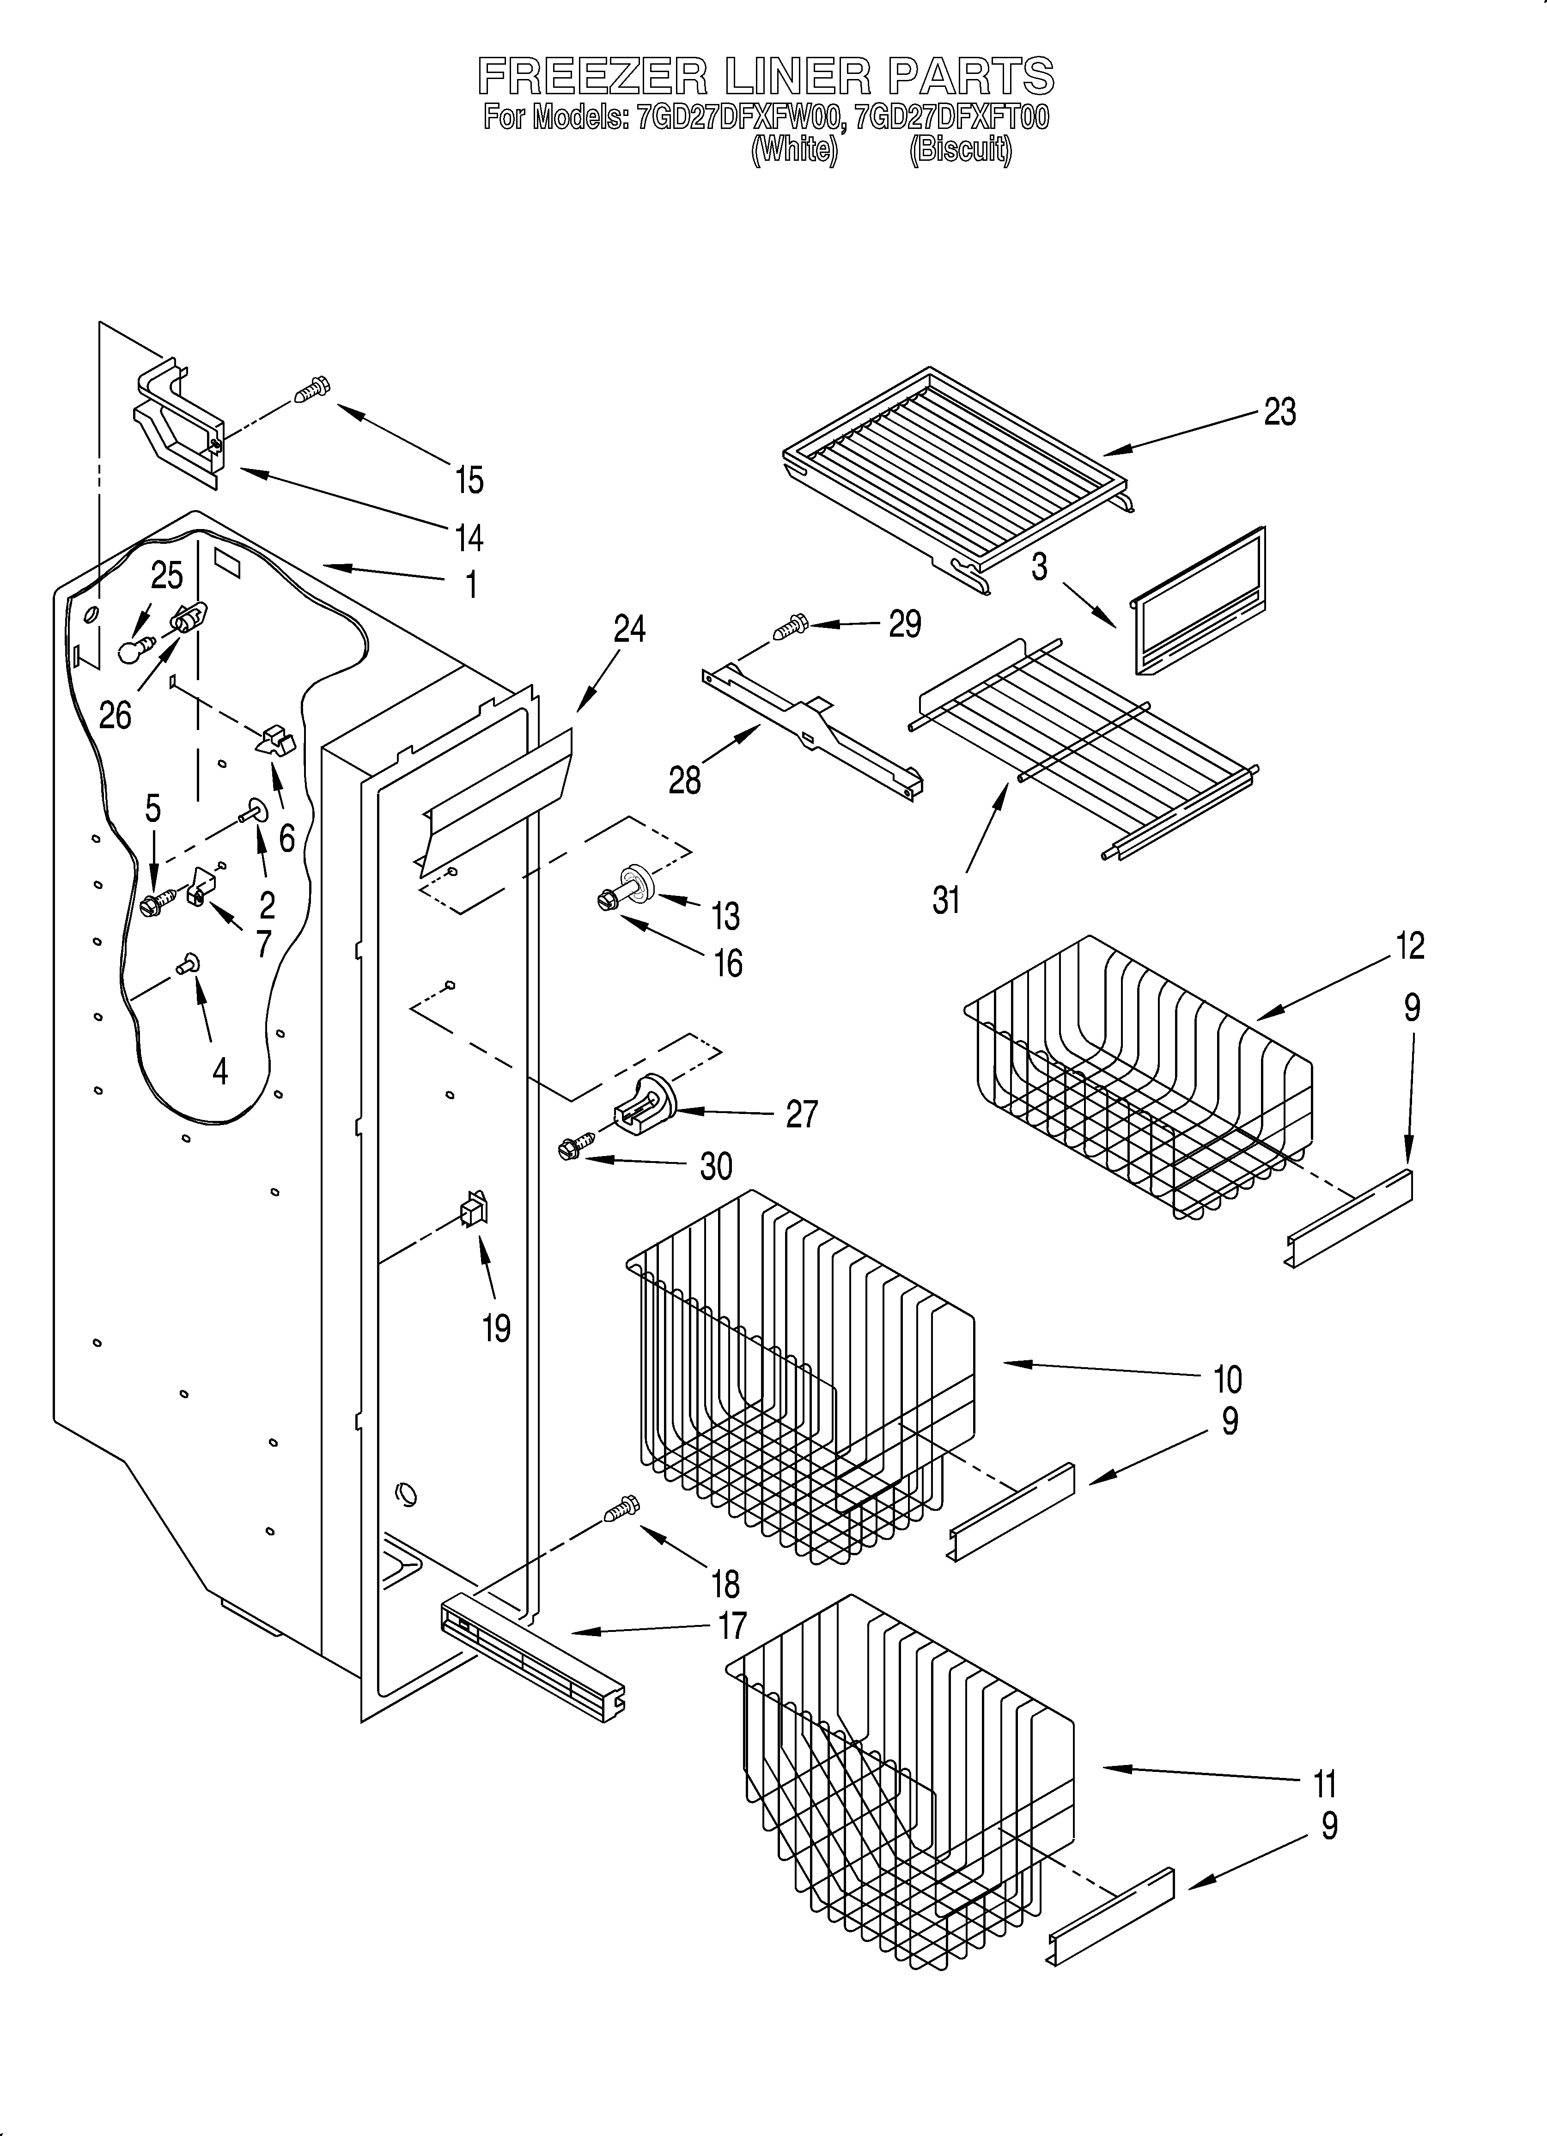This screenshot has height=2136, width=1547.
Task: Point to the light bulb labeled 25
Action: click(136, 649)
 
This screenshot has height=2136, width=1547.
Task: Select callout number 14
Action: click(468, 538)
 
